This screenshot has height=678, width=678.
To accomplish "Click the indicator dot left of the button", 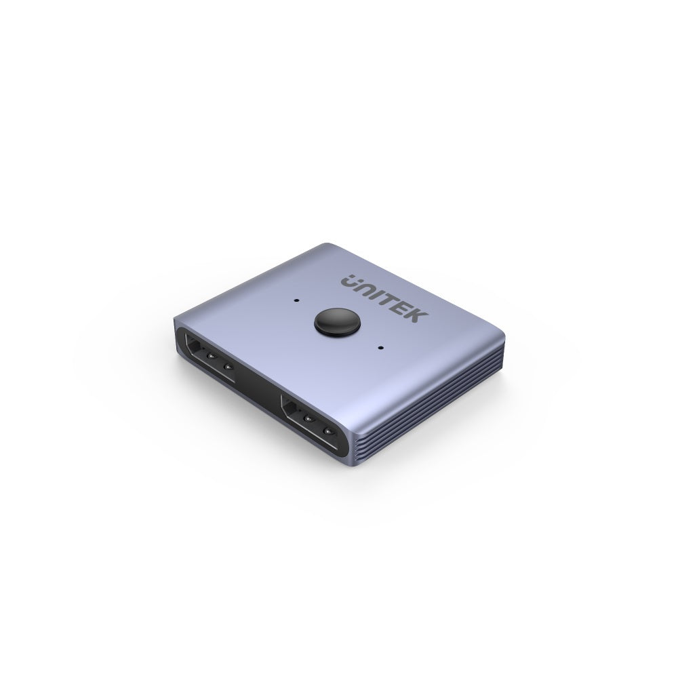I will click(x=297, y=298).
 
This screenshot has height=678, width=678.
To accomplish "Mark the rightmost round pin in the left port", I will click(x=228, y=368).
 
